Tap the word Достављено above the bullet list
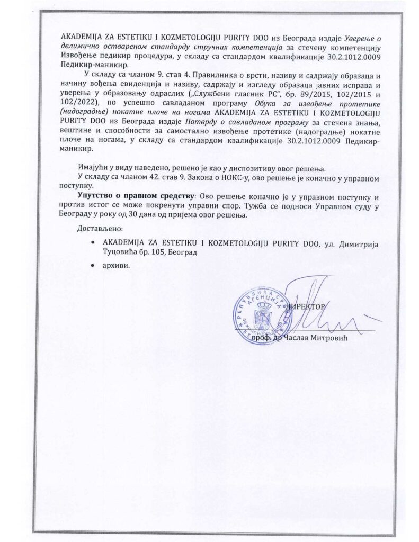click(x=100, y=229)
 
